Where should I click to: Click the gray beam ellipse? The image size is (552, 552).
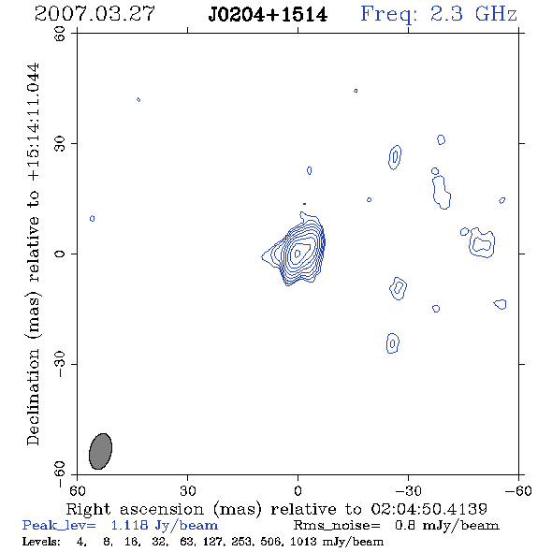pyautogui.click(x=100, y=451)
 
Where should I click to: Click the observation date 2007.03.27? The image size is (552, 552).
pyautogui.click(x=94, y=14)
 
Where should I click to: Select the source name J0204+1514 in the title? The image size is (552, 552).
pyautogui.click(x=268, y=15)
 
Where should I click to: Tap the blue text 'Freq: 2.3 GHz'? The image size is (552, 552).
pyautogui.click(x=439, y=14)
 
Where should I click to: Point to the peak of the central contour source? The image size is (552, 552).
pyautogui.click(x=298, y=254)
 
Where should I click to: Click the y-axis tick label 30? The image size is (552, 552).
pyautogui.click(x=60, y=144)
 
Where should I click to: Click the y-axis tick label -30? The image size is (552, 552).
pyautogui.click(x=60, y=364)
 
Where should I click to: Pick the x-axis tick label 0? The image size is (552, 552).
pyautogui.click(x=298, y=490)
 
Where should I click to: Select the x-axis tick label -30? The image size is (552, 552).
pyautogui.click(x=408, y=490)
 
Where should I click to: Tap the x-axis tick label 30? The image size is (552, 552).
pyautogui.click(x=188, y=490)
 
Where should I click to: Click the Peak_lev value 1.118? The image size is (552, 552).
pyautogui.click(x=129, y=525)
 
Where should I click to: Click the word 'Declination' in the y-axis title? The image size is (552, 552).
pyautogui.click(x=33, y=397)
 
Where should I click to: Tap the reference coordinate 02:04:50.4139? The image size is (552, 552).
pyautogui.click(x=429, y=509)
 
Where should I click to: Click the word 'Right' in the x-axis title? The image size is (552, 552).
pyautogui.click(x=88, y=510)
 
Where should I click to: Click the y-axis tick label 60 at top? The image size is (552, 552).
pyautogui.click(x=60, y=34)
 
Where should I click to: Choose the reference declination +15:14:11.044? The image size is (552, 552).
pyautogui.click(x=34, y=122)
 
